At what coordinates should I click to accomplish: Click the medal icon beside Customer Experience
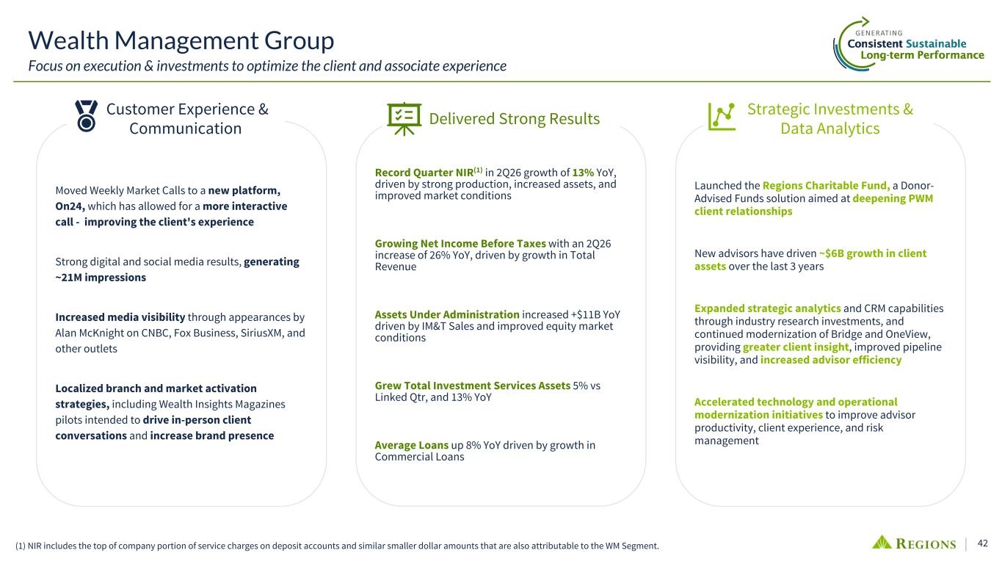point(86,116)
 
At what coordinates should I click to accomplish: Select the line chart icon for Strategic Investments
point(722,117)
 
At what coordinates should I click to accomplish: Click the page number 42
point(983,543)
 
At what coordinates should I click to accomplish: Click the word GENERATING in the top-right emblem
point(879,33)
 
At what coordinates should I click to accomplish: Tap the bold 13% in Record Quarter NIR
point(583,173)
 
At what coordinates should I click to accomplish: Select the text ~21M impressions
point(101,278)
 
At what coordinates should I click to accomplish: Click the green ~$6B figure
point(831,253)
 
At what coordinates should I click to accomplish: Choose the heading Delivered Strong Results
point(515,119)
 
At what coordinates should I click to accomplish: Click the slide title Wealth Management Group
point(181,40)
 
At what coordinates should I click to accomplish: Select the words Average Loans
point(412,445)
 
